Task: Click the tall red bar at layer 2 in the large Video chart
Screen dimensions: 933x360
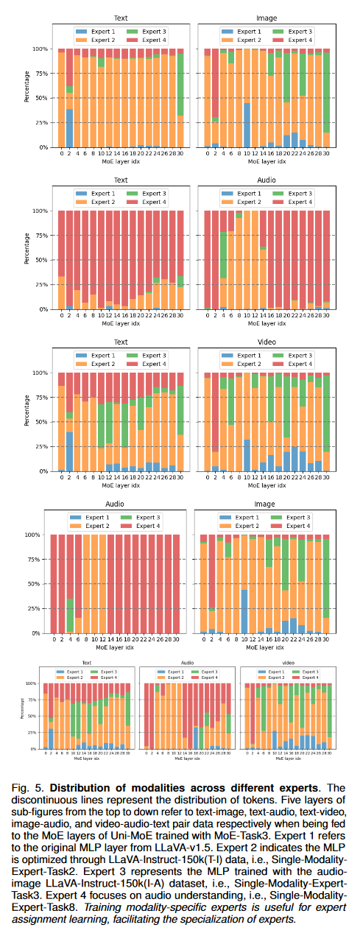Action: click(215, 412)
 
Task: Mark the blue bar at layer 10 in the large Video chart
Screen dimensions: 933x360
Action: click(247, 455)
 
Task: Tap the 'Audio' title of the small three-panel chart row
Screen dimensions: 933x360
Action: click(188, 662)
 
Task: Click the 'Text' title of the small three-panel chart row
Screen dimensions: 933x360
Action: click(87, 662)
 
